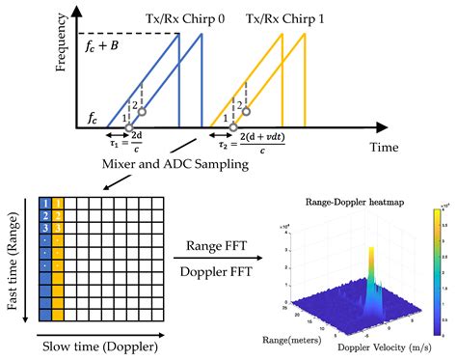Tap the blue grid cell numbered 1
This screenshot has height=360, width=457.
[x=44, y=201]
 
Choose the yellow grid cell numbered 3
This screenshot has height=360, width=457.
[x=57, y=227]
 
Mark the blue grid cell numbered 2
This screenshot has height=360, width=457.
[x=44, y=214]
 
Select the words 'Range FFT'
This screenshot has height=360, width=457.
[x=220, y=244]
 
